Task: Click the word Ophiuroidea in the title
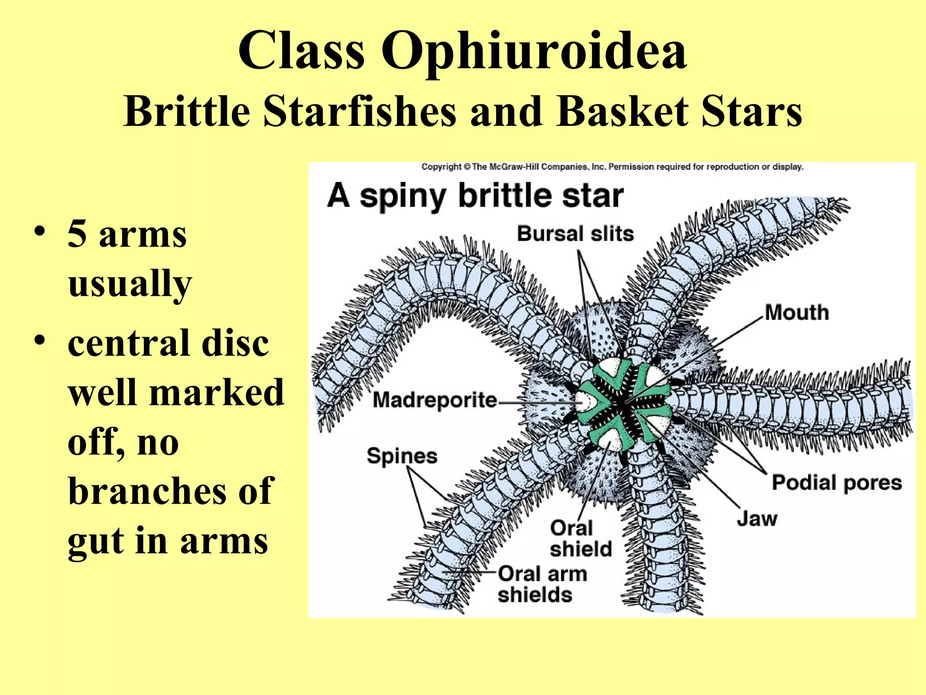pyautogui.click(x=534, y=51)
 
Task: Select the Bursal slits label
pyautogui.click(x=575, y=234)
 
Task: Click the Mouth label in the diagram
pyautogui.click(x=797, y=313)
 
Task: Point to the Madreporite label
pyautogui.click(x=435, y=400)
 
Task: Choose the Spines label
pyautogui.click(x=402, y=456)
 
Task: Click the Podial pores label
pyautogui.click(x=836, y=483)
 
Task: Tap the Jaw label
pyautogui.click(x=757, y=519)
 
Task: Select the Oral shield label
pyautogui.click(x=581, y=538)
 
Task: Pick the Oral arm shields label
pyautogui.click(x=542, y=584)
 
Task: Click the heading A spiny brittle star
pyautogui.click(x=475, y=196)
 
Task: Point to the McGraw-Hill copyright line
pyautogui.click(x=612, y=167)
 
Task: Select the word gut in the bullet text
pyautogui.click(x=94, y=542)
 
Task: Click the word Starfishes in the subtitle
pyautogui.click(x=360, y=111)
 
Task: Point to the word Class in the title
pyautogui.click(x=301, y=51)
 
